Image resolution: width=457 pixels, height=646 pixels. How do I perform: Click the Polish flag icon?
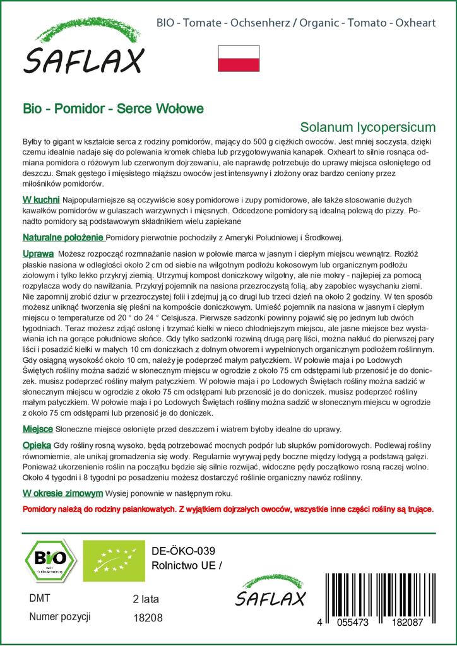coord(239,57)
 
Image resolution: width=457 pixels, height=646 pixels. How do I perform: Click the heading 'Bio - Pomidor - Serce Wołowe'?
coord(113,108)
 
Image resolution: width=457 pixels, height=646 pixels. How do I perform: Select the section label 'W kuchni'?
coord(42,200)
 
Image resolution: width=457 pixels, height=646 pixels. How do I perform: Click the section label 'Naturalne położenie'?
coord(63,238)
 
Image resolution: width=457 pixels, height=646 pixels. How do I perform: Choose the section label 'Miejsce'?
coord(37,429)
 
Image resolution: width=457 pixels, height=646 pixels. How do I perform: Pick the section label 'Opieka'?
coord(37,445)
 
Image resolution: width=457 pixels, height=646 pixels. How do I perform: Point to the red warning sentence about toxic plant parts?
coord(228,508)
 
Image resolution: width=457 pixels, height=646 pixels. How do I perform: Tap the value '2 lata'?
coord(147,599)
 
